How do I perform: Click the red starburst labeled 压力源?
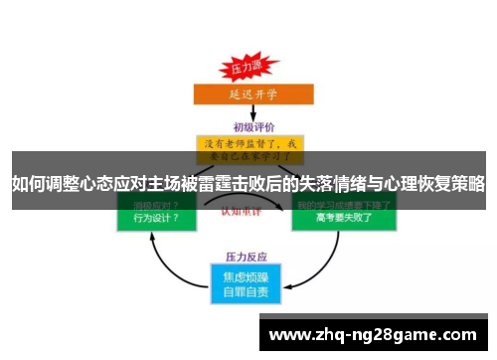pos(244,70)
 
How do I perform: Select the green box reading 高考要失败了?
pos(343,218)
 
